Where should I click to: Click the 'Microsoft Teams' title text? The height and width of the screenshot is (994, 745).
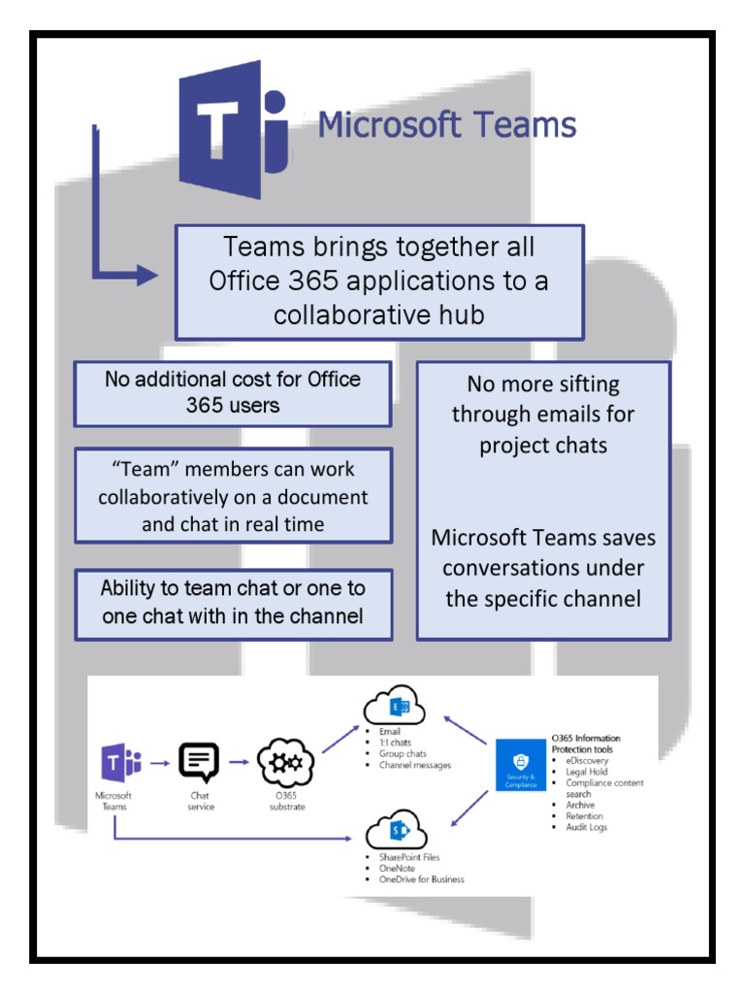coord(447,125)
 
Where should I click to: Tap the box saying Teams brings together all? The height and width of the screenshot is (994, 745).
coord(379,282)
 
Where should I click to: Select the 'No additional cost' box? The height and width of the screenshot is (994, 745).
coord(233,393)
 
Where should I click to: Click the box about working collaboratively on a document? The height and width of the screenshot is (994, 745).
coord(233,496)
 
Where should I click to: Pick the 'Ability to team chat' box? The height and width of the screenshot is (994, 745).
coord(233,603)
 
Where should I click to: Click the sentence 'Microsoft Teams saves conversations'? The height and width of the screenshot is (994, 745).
coord(543,568)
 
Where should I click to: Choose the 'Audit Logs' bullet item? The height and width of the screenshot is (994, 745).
coord(586,827)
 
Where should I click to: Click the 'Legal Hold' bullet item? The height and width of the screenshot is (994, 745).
coord(586,772)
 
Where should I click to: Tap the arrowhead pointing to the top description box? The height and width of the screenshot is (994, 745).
coord(148,276)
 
